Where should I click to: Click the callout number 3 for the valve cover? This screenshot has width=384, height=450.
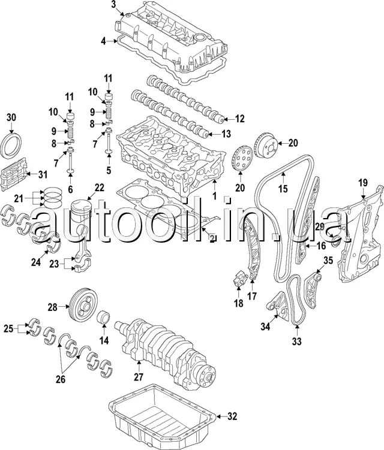(113, 5)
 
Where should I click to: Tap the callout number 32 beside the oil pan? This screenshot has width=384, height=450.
(232, 416)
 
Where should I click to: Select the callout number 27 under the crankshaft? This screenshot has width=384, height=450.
(138, 377)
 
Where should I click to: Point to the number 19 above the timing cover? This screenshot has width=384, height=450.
(363, 183)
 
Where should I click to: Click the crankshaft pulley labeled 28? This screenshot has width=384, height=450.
(83, 307)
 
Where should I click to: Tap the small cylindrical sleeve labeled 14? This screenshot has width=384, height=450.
(105, 316)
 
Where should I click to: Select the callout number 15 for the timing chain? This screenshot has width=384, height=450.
(283, 189)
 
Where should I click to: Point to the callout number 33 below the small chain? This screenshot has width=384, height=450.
(296, 341)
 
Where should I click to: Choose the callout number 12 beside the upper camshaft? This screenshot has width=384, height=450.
(239, 119)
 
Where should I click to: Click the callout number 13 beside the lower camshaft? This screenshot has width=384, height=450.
(226, 134)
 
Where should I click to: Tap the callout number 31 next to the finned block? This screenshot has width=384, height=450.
(43, 174)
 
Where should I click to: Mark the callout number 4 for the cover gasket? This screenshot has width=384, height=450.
(103, 41)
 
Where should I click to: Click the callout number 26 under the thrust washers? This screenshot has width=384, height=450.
(61, 379)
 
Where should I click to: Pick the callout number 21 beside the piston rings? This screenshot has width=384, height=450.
(19, 198)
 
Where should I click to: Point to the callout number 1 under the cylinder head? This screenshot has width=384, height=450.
(214, 196)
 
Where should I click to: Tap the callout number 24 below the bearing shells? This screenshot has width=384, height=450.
(36, 262)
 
